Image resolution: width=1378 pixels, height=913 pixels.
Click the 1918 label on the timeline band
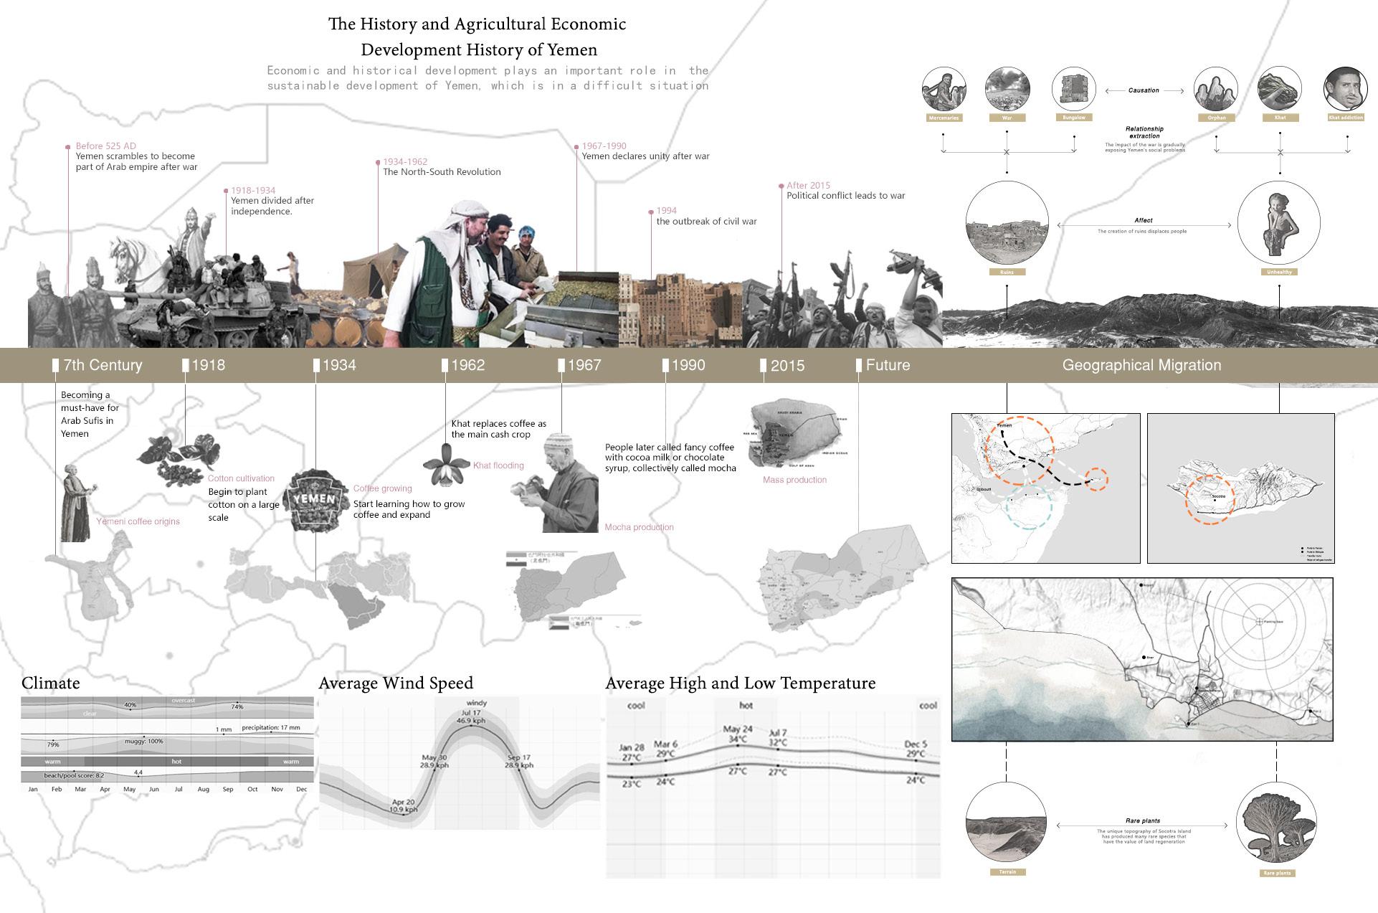click(x=208, y=365)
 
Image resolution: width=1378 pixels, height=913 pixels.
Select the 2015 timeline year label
click(x=787, y=366)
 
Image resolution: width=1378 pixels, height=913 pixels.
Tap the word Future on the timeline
click(x=888, y=365)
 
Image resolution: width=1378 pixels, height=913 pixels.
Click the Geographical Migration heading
click(x=1141, y=365)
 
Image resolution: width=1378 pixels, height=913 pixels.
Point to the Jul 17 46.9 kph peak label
click(x=471, y=716)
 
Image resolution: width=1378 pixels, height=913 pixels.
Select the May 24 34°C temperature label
click(x=738, y=734)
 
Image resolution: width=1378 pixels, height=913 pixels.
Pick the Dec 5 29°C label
click(x=916, y=749)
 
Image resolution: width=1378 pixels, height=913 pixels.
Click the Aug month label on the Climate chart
click(x=204, y=789)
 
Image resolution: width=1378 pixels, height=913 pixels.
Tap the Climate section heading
click(x=51, y=683)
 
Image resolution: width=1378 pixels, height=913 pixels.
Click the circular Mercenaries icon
click(x=944, y=90)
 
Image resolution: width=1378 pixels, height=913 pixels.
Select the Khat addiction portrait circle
click(x=1345, y=90)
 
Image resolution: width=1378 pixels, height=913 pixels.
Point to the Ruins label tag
click(x=1007, y=273)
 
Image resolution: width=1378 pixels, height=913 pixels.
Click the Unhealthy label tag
click(x=1279, y=273)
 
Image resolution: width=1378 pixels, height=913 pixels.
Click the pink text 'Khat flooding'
click(x=498, y=465)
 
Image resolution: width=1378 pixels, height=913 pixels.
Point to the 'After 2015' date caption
click(x=808, y=185)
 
